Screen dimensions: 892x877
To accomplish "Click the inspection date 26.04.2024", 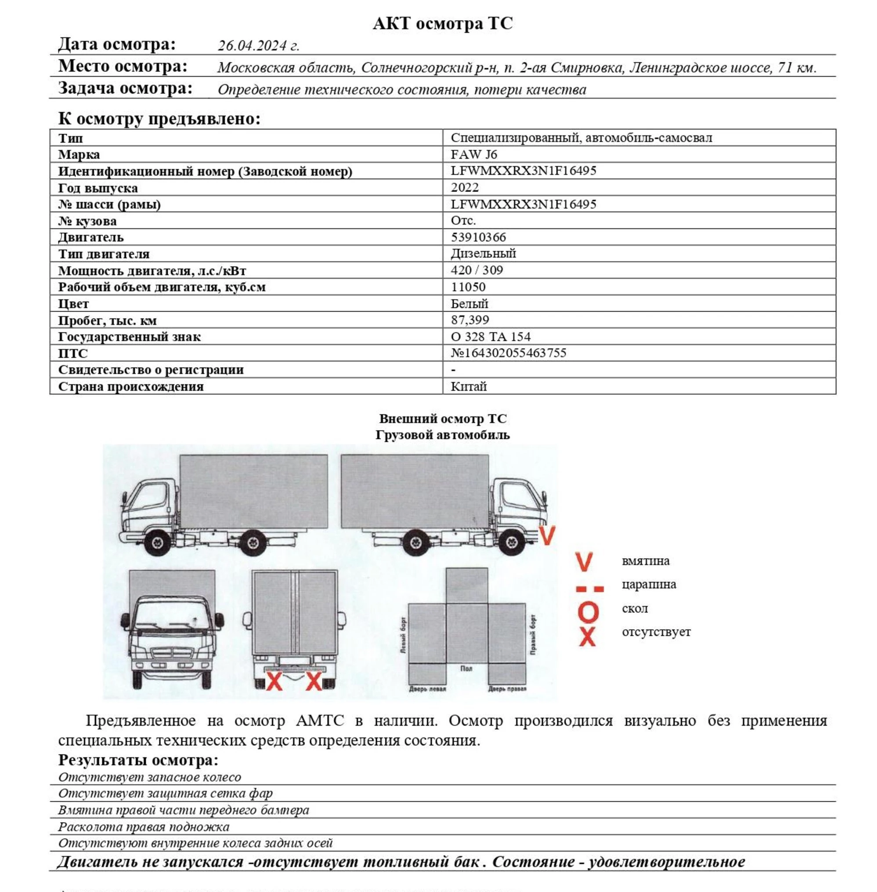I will pos(258,46).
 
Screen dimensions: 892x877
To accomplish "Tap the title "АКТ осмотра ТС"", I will pos(442,23).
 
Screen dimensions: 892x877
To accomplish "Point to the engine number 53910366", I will pos(478,237).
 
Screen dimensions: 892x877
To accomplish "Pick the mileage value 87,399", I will pos(469,320).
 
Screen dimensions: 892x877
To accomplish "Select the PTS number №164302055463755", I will pos(508,353).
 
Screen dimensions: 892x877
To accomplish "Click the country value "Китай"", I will pos(468,387).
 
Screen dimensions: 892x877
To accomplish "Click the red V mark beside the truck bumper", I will pos(547,535).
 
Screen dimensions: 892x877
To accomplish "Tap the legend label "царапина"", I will pos(649,585).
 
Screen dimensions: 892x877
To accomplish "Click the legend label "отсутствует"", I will pos(656,632).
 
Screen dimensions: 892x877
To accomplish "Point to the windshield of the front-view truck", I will pos(172,613).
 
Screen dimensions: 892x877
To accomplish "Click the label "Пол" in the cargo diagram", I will pos(466,668).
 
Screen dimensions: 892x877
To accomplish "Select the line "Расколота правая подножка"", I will pos(143,827).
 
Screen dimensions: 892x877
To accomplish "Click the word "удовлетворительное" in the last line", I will pos(666,862).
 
